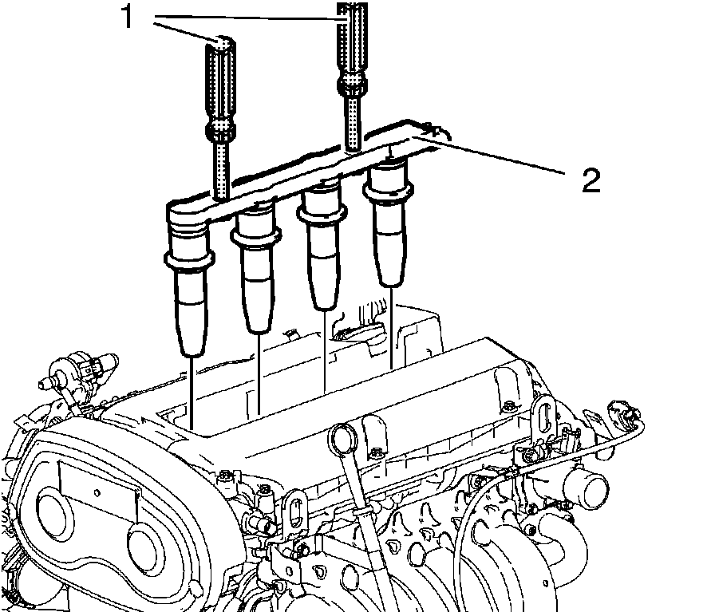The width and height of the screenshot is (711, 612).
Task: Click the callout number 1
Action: pos(127,18)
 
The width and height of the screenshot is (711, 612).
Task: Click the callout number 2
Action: pos(590,181)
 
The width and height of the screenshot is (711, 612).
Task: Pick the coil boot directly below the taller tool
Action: pos(389,223)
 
